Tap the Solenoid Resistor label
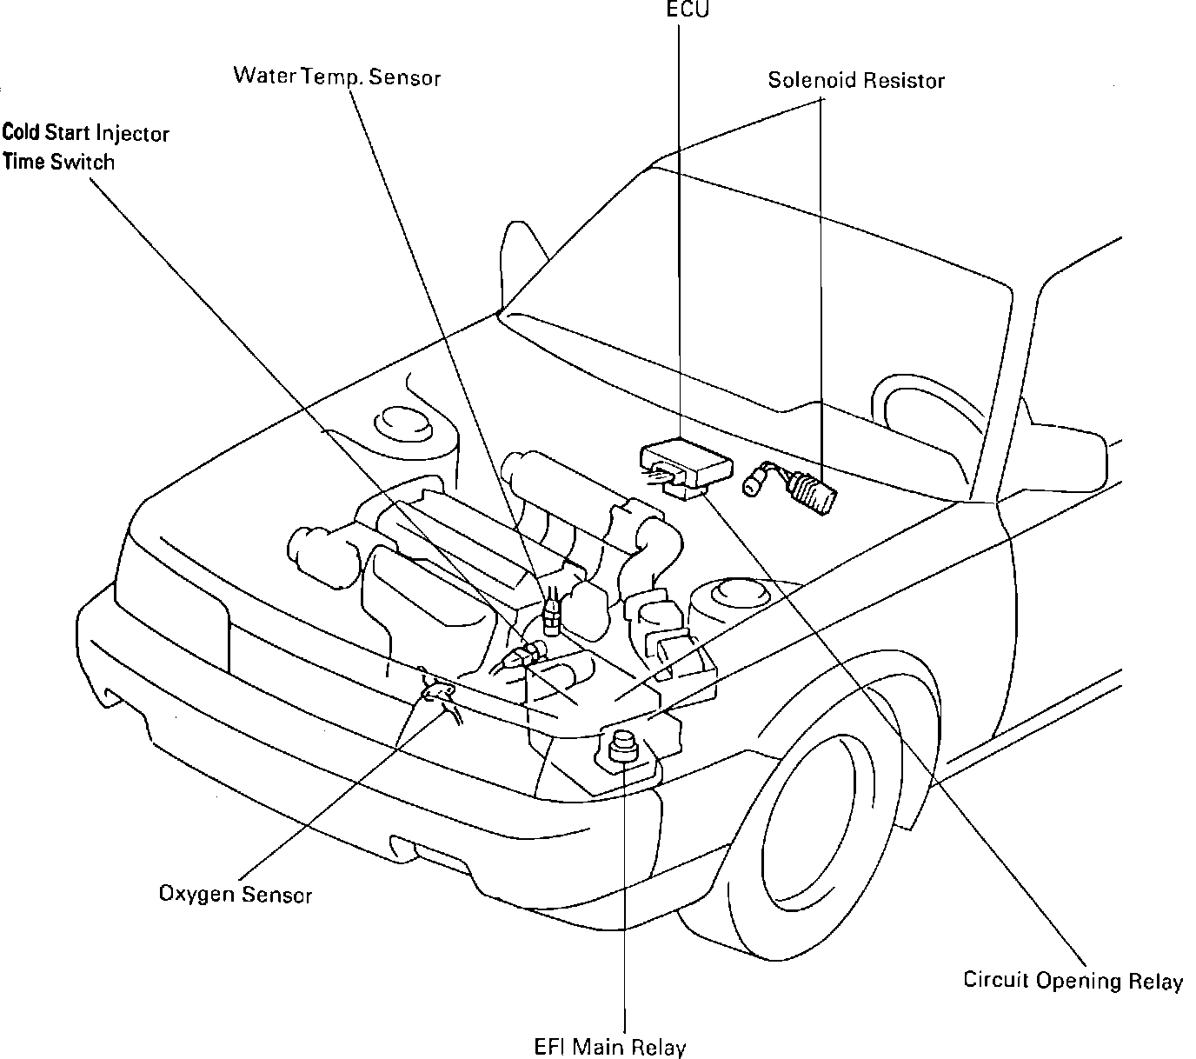pyautogui.click(x=855, y=81)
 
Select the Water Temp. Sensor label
pyautogui.click(x=336, y=77)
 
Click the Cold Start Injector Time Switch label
pyautogui.click(x=84, y=147)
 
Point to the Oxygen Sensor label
pyautogui.click(x=235, y=894)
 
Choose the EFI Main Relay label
pyautogui.click(x=609, y=1047)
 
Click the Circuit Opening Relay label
pyautogui.click(x=1073, y=981)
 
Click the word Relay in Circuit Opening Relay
pyautogui.click(x=1155, y=982)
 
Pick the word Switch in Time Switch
pyautogui.click(x=83, y=162)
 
